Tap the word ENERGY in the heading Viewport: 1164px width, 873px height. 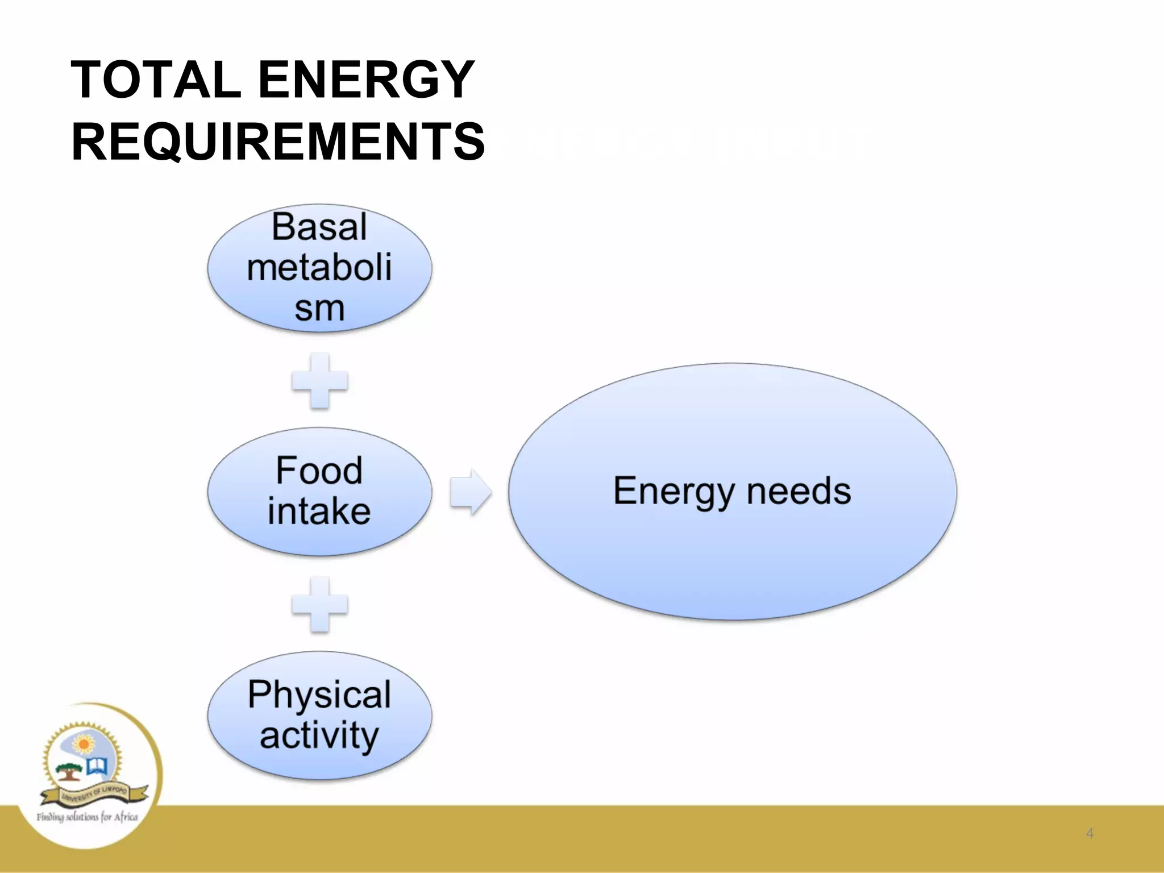click(366, 80)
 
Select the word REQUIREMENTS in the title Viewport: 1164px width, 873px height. click(278, 142)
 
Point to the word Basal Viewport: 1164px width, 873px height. click(319, 227)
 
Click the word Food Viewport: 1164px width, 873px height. click(319, 471)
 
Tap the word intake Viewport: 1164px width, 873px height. click(319, 511)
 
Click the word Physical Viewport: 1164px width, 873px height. click(319, 695)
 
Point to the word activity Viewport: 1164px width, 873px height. click(319, 735)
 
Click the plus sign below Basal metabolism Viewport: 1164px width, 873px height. click(319, 380)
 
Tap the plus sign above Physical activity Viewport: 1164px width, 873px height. click(319, 604)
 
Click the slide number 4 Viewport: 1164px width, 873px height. click(1090, 833)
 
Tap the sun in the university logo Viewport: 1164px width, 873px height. click(84, 745)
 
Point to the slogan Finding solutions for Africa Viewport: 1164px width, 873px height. click(87, 817)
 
